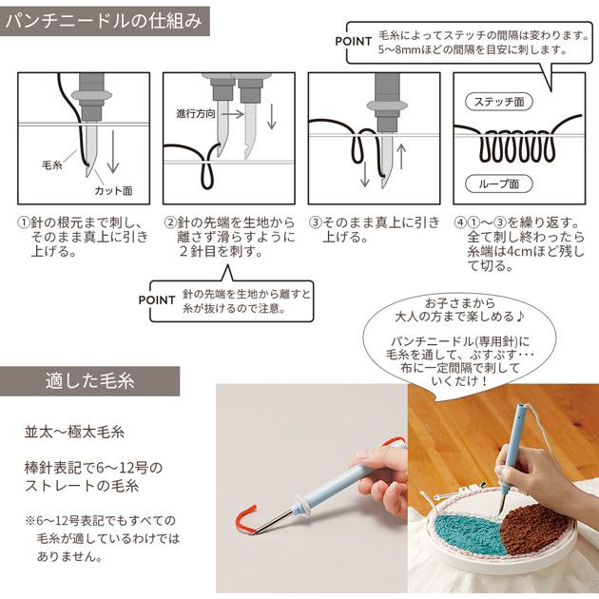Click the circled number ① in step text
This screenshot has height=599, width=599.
click(x=26, y=223)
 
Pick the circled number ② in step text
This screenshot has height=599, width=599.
click(x=170, y=223)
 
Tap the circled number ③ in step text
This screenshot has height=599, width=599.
click(x=315, y=223)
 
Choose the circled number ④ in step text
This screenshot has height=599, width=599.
click(x=460, y=223)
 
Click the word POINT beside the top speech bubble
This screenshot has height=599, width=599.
click(x=359, y=42)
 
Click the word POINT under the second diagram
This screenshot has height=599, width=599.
click(x=157, y=299)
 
